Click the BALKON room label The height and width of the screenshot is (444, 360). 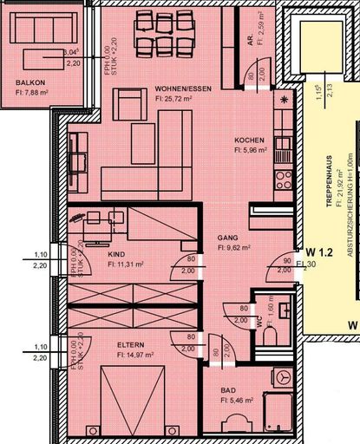point(29,83)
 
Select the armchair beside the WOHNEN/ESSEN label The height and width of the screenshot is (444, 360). point(130,105)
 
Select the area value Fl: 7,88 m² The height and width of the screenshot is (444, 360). point(34,95)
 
